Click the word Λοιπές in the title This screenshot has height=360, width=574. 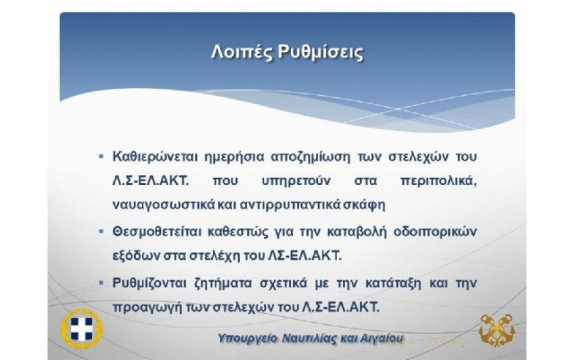coord(241,52)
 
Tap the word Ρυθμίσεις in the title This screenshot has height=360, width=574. coord(321,52)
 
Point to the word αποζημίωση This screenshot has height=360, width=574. coord(311,157)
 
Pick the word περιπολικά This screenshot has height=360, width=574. coord(439,181)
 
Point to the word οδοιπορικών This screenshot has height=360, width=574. coord(435,232)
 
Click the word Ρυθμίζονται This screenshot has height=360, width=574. coord(149,283)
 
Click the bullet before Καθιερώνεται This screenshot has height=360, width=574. coord(102,157)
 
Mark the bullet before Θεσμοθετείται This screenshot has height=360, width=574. coord(102,231)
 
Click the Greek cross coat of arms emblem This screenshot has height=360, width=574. coord(82,329)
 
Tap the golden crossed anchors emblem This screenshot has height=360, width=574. coord(496,329)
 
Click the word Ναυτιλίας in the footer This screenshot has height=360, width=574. coord(309,338)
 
